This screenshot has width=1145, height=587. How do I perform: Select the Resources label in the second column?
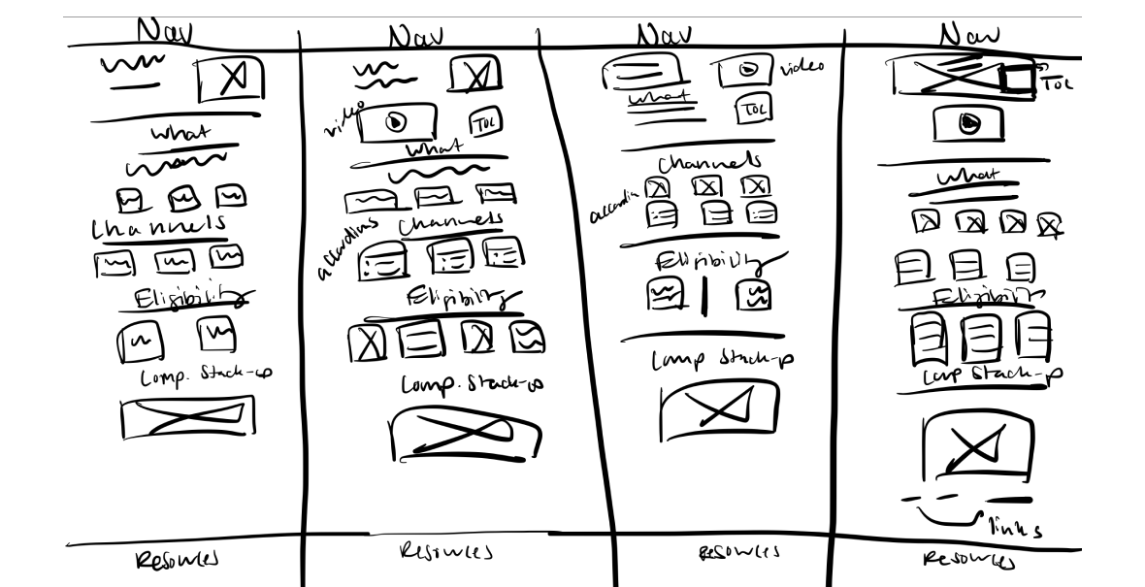tap(444, 552)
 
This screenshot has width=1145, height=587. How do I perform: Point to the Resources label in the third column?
tap(738, 553)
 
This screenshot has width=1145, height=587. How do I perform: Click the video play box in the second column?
tap(395, 122)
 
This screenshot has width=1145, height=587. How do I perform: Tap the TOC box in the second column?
tap(485, 122)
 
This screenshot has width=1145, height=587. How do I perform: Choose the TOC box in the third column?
tap(752, 111)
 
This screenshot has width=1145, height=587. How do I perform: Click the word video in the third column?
tap(802, 67)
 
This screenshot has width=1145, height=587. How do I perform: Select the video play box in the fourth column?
tap(967, 124)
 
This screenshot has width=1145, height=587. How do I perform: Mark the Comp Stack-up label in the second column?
tap(473, 383)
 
